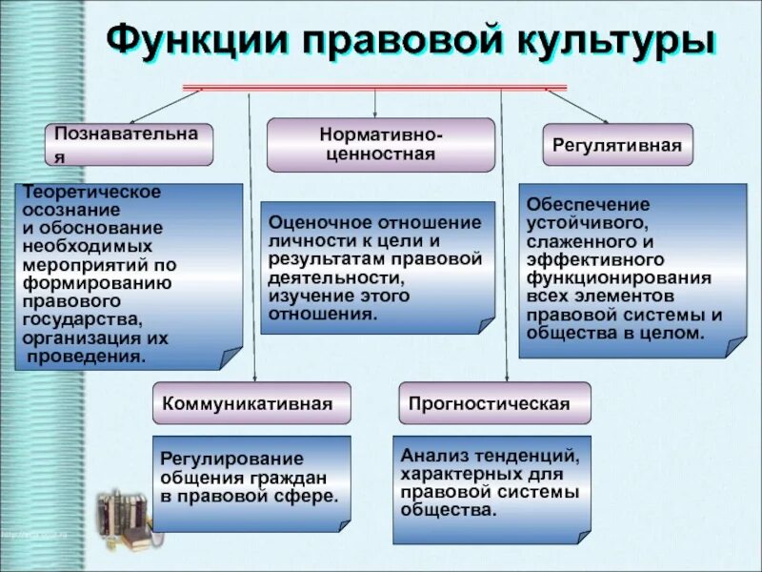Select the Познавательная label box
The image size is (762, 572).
click(128, 144)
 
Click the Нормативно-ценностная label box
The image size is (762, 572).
click(380, 144)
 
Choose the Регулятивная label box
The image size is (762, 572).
click(618, 145)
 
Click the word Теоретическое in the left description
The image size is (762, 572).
click(92, 193)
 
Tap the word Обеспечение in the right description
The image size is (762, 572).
click(575, 204)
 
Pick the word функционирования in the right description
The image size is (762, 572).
click(619, 278)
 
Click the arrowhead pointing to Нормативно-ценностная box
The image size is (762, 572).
click(375, 114)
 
